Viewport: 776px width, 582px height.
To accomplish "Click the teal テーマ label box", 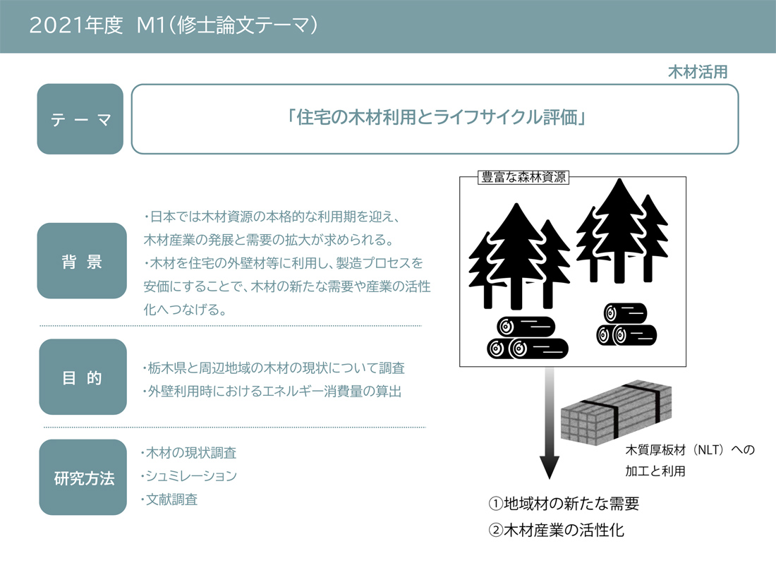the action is click(x=80, y=119).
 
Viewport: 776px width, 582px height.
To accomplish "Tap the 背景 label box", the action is click(x=82, y=261).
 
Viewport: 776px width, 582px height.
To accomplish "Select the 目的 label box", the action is click(x=83, y=377).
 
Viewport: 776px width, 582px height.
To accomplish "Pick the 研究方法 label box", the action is click(x=83, y=478).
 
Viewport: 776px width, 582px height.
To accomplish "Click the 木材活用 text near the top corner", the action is click(x=698, y=72).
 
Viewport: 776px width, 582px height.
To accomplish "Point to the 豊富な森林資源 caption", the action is click(x=523, y=177).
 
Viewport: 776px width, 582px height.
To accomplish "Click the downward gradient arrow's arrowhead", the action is click(x=550, y=467).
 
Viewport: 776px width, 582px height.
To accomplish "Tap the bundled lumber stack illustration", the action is click(x=616, y=411).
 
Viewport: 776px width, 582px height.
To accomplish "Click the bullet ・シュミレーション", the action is click(x=188, y=476).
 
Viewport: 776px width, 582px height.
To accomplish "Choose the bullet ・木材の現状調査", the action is click(x=188, y=453).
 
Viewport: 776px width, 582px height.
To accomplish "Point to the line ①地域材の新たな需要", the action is click(x=564, y=504).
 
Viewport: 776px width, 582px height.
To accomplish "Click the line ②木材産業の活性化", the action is click(x=557, y=531).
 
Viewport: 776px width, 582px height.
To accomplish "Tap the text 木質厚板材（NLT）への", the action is click(x=690, y=450).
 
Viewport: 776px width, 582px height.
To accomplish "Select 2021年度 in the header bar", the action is click(x=75, y=25).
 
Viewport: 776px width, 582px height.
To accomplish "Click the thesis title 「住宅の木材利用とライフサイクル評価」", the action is click(x=435, y=118).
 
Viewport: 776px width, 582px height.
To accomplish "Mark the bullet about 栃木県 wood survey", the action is click(x=274, y=368).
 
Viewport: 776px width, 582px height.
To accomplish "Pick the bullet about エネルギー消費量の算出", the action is click(x=272, y=392).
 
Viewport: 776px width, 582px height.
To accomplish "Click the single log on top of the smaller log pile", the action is click(x=626, y=313).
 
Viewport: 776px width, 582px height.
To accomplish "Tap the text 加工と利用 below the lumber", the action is click(x=655, y=471).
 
